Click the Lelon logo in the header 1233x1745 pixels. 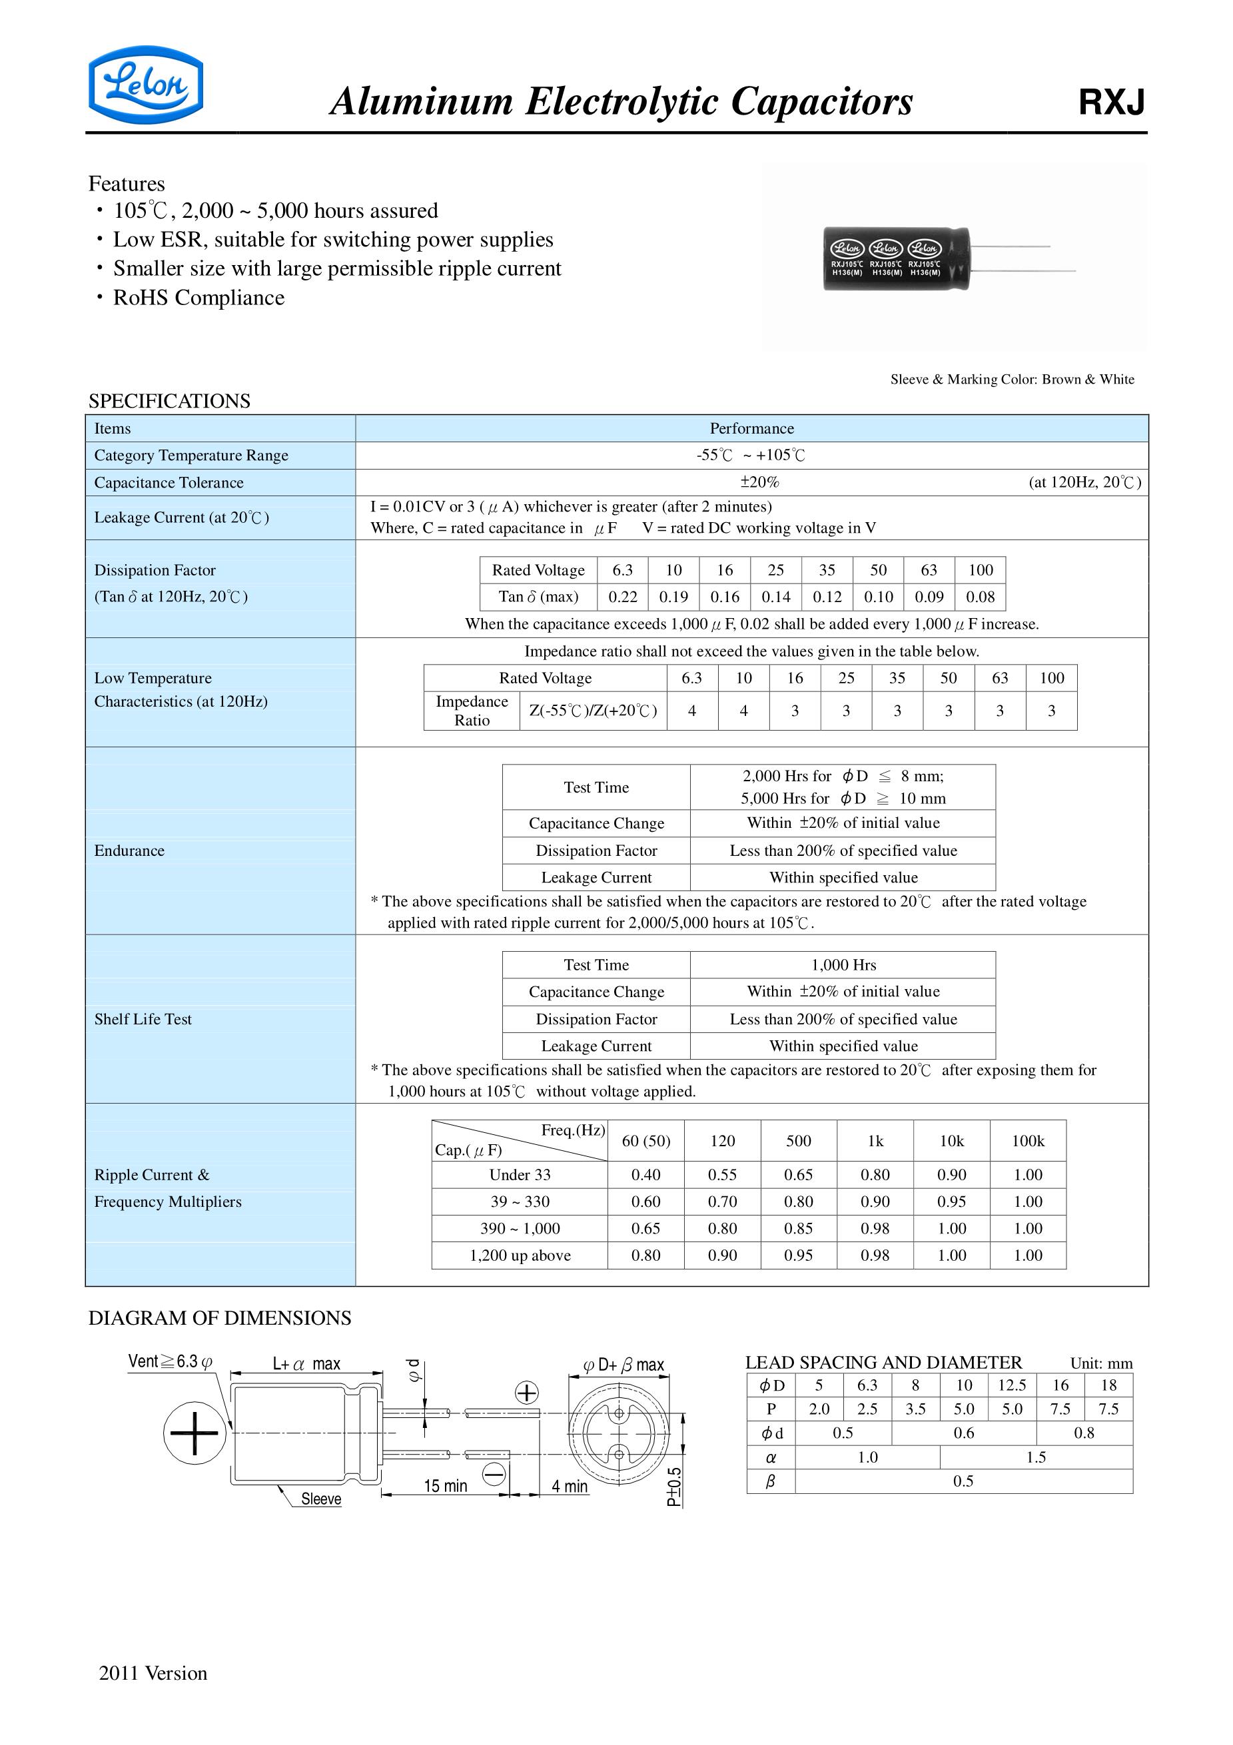(x=145, y=85)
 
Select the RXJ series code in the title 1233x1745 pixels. (x=1110, y=103)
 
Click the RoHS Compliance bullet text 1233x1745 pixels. (x=199, y=298)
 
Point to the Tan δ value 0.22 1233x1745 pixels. (x=623, y=597)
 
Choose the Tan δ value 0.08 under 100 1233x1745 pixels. (x=980, y=597)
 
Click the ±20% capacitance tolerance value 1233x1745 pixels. (x=759, y=483)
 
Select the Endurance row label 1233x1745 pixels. (x=129, y=851)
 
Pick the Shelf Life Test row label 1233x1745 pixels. (x=143, y=1020)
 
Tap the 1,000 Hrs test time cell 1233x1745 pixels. (x=843, y=965)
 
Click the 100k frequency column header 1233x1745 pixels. (x=1028, y=1142)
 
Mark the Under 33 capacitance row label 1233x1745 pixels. (x=520, y=1175)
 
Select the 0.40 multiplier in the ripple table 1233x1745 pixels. (x=645, y=1175)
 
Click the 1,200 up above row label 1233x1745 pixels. (x=520, y=1255)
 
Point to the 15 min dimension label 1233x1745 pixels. (x=446, y=1486)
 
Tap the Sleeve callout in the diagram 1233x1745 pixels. (x=321, y=1499)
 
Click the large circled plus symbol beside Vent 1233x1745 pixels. (x=195, y=1433)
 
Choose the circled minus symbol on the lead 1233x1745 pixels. (x=494, y=1475)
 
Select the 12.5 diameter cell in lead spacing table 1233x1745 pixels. (x=1012, y=1385)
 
